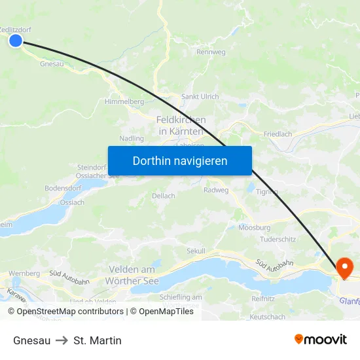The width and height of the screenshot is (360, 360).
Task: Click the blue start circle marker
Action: tap(16, 41)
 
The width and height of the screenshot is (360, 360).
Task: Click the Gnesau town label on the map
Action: tap(52, 63)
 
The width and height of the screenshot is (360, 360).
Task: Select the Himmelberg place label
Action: tap(124, 101)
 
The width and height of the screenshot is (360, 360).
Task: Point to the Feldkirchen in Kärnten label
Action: tap(181, 126)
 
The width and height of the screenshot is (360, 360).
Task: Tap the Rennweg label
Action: tap(210, 52)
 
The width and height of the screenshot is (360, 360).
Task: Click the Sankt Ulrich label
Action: tap(200, 97)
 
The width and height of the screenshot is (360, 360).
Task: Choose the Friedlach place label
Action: tap(278, 134)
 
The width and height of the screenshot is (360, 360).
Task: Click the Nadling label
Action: tap(132, 138)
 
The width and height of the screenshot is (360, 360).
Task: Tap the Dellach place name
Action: tap(164, 196)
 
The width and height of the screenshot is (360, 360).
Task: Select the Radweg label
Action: tap(216, 190)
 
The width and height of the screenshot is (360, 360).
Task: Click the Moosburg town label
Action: tap(255, 227)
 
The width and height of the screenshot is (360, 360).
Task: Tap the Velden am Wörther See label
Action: tap(132, 275)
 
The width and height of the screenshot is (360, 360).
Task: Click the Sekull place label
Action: tap(196, 251)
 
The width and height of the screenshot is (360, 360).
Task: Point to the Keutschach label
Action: tap(268, 317)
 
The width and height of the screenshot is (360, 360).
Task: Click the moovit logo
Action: tap(320, 339)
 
